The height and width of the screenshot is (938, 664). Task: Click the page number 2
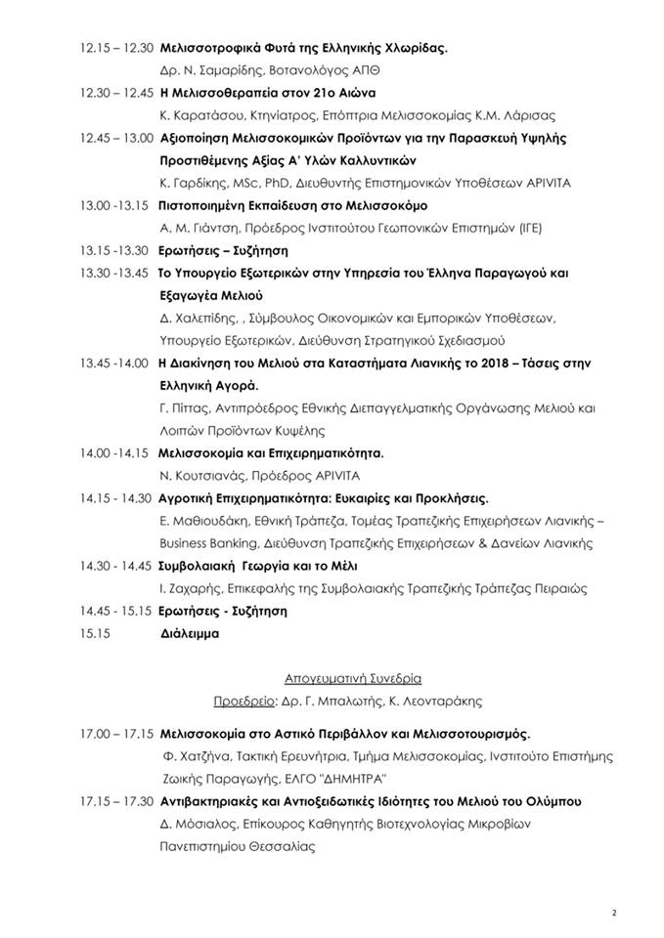click(614, 913)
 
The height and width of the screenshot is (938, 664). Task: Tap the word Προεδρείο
click(243, 701)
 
